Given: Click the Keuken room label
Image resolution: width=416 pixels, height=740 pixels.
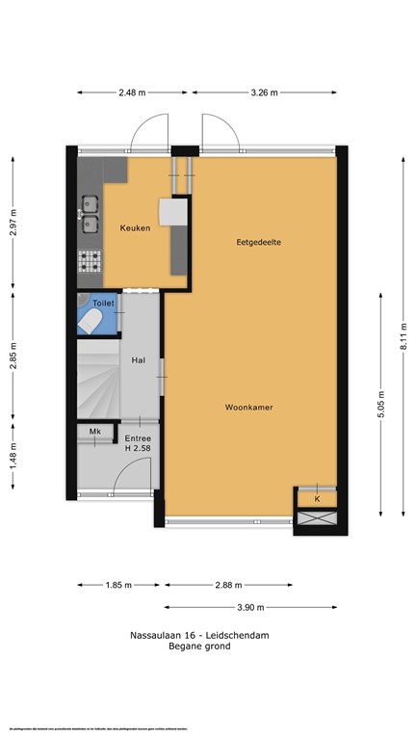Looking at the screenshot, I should [135, 228].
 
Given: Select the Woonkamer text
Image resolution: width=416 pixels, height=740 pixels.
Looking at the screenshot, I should [249, 408].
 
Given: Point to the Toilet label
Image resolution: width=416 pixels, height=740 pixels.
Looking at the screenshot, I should [103, 304].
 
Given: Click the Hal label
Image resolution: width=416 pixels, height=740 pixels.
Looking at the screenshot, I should [138, 360].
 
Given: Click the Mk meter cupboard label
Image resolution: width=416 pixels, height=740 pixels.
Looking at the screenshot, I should [95, 432].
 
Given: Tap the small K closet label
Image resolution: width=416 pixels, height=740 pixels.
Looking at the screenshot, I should [317, 499].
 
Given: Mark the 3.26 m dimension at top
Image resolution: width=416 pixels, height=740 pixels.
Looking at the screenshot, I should [264, 92].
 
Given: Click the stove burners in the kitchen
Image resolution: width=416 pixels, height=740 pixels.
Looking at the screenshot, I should [90, 261].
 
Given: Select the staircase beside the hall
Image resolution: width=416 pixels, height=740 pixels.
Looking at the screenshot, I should [98, 382].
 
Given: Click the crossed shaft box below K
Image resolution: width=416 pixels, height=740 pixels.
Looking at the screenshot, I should [317, 517].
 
